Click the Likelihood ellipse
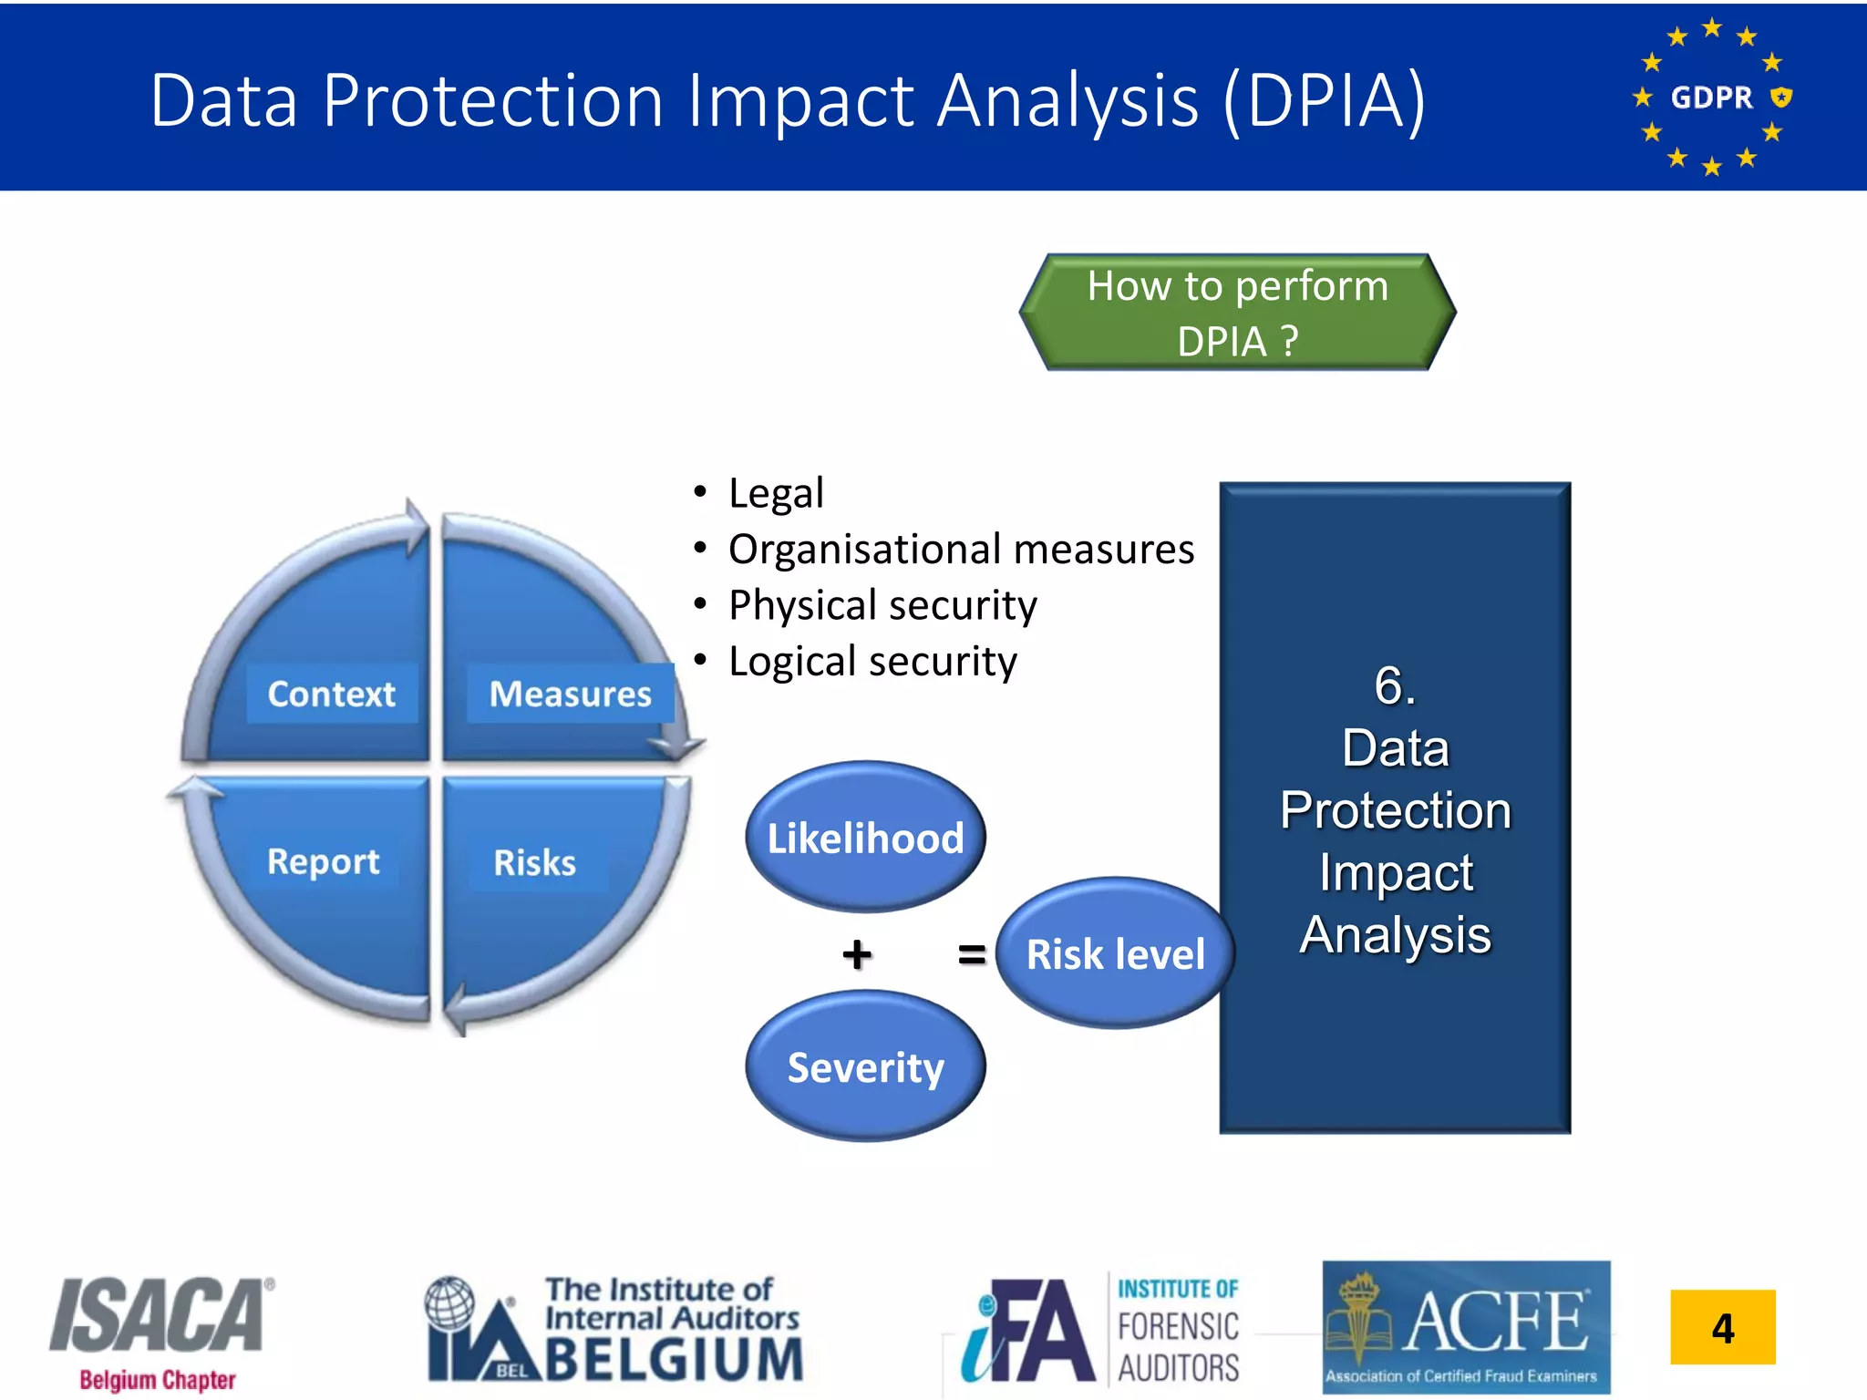(x=865, y=837)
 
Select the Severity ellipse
(x=865, y=1066)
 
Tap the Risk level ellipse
(x=1114, y=953)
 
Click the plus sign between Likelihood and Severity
(x=856, y=954)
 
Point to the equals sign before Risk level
(x=972, y=954)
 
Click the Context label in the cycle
(x=332, y=694)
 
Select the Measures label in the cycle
(x=570, y=694)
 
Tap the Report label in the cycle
(x=323, y=861)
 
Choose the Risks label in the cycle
(x=535, y=862)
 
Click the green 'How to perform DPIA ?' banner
(x=1237, y=313)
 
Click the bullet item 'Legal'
(x=776, y=493)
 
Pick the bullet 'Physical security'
(x=882, y=605)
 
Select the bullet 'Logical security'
(x=872, y=662)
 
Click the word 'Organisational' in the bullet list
(x=863, y=550)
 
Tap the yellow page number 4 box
(x=1722, y=1327)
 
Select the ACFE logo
(x=1466, y=1327)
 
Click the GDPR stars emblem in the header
(x=1712, y=97)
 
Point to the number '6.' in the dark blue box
(x=1395, y=685)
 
